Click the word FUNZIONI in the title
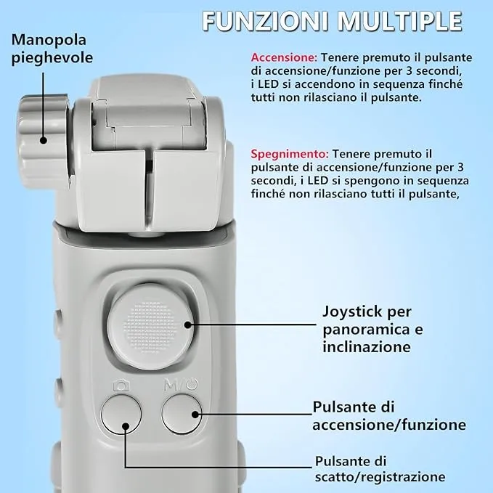point(265,21)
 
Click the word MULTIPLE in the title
point(400,21)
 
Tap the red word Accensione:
point(284,57)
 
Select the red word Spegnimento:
point(290,154)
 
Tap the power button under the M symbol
point(182,414)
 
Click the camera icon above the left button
point(121,385)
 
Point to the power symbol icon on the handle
point(192,385)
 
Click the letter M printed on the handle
point(171,385)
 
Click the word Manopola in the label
point(49,40)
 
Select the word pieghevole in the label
point(52,58)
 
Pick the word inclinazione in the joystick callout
point(367,347)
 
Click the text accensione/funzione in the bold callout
point(389,425)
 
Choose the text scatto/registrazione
point(380,476)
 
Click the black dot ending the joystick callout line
point(188,325)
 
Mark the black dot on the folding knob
point(44,140)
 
